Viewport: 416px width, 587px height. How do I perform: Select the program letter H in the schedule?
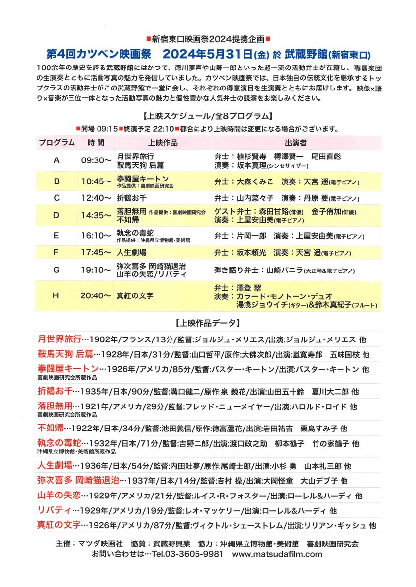point(57,295)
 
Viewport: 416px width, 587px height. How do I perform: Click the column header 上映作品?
point(163,143)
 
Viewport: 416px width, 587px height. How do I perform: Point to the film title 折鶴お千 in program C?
point(132,198)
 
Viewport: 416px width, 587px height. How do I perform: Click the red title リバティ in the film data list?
point(54,510)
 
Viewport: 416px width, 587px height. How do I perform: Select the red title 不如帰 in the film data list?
point(50,428)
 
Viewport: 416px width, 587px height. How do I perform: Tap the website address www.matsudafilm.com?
point(277,554)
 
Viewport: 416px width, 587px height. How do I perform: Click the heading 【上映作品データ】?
point(208,323)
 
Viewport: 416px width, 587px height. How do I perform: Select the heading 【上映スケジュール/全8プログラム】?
point(208,116)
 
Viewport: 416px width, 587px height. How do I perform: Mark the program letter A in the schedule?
point(57,159)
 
